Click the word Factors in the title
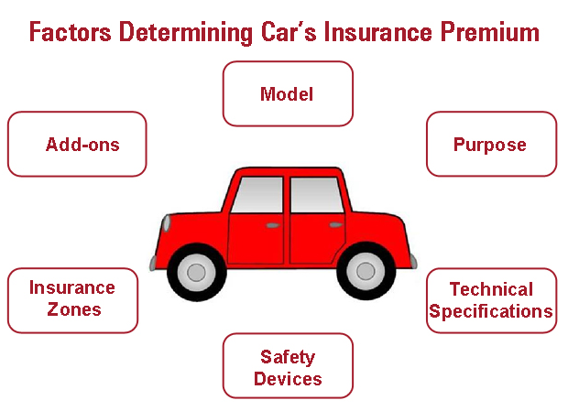point(70,32)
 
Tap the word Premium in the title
point(490,32)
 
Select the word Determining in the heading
point(185,33)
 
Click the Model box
point(288,93)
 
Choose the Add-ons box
point(77,144)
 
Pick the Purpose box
point(492,144)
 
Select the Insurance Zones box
point(72,300)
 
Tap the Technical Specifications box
point(492,300)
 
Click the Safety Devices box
point(288,365)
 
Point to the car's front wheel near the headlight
point(197,272)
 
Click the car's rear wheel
point(366,271)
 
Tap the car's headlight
point(167,223)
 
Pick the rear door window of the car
point(317,195)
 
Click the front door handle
point(273,225)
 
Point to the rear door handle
point(336,225)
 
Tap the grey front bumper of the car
point(153,263)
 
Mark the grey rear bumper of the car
point(413,261)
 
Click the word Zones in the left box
point(74,309)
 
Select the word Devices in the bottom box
point(288,379)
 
